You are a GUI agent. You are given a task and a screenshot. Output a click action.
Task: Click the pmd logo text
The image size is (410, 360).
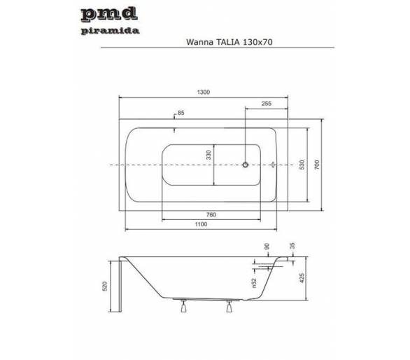click(x=109, y=14)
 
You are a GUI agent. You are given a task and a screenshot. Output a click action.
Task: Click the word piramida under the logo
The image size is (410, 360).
click(x=110, y=31)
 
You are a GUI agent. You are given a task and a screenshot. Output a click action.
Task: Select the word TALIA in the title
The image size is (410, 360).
click(x=227, y=42)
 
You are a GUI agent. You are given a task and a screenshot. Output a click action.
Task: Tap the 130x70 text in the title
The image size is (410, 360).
click(x=257, y=42)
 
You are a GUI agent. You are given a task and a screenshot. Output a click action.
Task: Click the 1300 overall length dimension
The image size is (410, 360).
click(x=204, y=92)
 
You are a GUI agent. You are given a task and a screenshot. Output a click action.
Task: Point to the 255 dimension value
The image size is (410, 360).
click(x=267, y=104)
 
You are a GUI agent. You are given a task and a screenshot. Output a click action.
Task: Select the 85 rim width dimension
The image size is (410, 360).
click(x=181, y=113)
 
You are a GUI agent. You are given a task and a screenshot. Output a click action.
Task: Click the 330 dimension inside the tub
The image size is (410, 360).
click(x=208, y=155)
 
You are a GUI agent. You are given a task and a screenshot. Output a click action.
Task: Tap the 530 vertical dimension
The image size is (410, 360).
click(x=302, y=165)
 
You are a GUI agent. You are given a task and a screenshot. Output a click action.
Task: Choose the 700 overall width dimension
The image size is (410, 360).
click(x=317, y=165)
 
